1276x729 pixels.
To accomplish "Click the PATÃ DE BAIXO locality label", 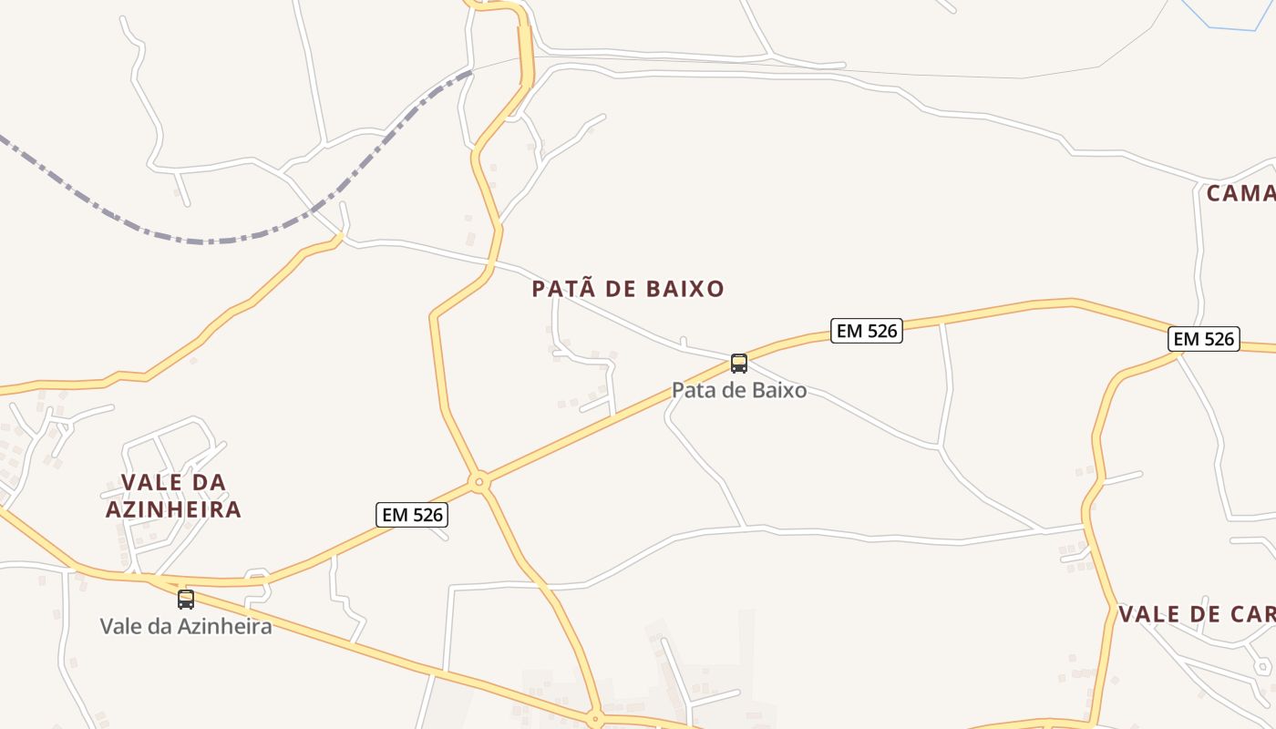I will [628, 289].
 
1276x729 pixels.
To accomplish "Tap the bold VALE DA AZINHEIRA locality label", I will [173, 496].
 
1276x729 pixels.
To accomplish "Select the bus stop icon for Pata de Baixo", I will [739, 364].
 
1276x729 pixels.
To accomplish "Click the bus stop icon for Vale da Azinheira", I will [186, 599].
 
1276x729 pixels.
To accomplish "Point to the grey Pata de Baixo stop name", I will [739, 390].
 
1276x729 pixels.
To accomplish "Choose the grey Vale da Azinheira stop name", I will [186, 626].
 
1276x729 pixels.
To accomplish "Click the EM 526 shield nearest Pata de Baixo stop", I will [867, 331].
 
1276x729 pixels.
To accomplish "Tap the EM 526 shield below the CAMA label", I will [1204, 339].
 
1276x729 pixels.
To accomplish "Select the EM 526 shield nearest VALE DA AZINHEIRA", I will [412, 515].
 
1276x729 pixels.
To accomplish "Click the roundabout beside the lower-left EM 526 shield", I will [479, 481].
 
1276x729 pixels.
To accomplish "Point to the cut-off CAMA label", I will [1240, 193].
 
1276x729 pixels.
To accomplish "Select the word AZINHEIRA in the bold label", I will [173, 509].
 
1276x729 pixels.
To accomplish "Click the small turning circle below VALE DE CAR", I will [1262, 667].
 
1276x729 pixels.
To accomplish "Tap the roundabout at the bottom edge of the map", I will [595, 719].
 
